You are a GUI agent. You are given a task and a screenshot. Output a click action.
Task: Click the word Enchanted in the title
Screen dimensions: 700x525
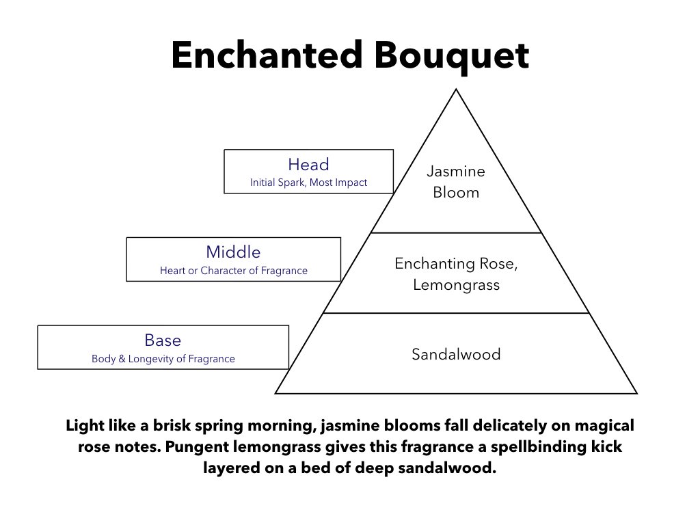(267, 55)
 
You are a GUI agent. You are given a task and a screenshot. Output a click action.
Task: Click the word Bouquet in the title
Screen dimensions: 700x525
(451, 57)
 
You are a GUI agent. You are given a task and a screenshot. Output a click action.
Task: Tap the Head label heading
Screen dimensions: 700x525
(308, 164)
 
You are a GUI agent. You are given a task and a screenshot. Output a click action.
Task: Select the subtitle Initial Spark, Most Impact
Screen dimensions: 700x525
(308, 183)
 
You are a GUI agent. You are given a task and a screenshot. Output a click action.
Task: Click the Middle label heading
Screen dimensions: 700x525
(233, 252)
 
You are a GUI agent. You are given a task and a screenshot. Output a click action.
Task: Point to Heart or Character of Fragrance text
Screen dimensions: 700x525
(234, 271)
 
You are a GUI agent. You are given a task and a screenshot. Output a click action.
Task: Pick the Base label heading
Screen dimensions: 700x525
(163, 340)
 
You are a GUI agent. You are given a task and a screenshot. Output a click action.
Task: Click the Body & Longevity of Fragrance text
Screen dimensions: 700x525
(163, 359)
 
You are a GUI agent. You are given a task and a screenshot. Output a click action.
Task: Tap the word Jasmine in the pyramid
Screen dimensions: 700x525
(456, 172)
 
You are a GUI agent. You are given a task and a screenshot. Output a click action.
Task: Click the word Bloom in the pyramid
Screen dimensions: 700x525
(456, 192)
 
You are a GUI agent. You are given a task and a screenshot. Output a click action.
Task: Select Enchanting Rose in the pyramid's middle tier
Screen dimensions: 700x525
(456, 264)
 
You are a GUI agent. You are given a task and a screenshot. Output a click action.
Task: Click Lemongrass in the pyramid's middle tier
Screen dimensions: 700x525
(456, 285)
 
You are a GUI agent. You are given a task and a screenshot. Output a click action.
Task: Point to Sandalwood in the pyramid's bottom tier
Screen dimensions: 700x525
(456, 355)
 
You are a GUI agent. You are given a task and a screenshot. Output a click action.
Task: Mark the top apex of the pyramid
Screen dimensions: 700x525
(456, 90)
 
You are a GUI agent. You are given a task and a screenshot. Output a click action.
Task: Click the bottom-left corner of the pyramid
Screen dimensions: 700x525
(275, 393)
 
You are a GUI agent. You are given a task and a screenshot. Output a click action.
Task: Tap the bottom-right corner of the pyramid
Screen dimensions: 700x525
(637, 393)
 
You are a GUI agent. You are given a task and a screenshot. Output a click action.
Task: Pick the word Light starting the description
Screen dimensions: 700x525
(85, 426)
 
